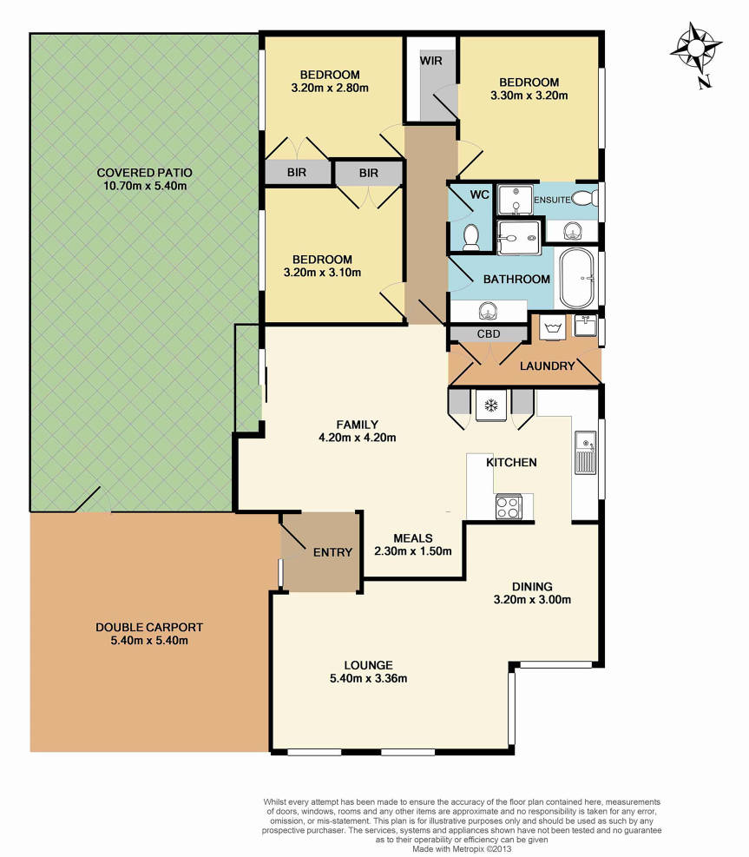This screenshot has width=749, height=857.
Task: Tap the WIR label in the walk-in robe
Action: point(430,61)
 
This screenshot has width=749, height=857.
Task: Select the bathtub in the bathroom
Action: point(577,278)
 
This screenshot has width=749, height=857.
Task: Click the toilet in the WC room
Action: point(470,237)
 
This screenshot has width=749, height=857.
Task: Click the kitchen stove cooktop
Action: point(509,506)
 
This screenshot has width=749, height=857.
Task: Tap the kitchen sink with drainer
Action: point(585,452)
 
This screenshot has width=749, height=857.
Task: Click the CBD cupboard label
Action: point(489,334)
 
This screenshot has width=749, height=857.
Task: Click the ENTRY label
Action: point(332,552)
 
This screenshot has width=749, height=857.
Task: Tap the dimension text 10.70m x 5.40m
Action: point(145,186)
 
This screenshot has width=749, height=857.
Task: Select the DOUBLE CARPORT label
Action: point(149,628)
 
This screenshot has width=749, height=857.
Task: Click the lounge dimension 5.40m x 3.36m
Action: point(368,678)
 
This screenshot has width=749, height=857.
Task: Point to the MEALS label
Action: point(413,538)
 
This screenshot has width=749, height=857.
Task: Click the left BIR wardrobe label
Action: point(297,172)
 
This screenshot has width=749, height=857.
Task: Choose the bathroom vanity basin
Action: point(488,312)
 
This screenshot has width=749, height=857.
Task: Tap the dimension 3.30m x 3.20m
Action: point(529,96)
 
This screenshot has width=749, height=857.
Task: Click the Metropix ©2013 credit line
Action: point(462,849)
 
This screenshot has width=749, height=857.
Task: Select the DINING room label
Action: point(532,586)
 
